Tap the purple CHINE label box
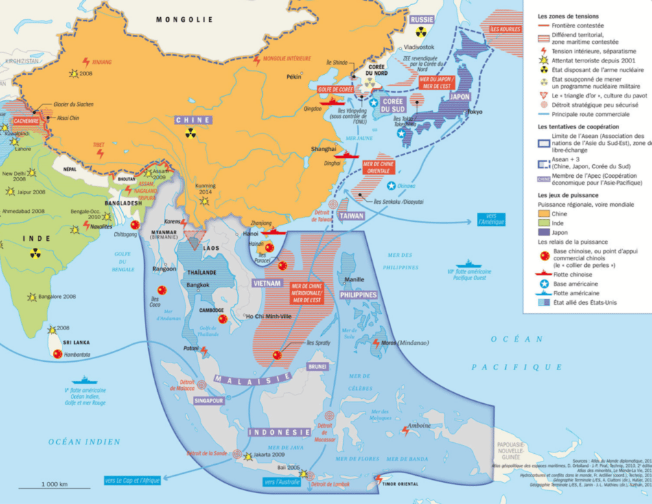pos(194,120)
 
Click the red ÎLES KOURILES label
pos(502,28)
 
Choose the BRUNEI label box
pos(318,367)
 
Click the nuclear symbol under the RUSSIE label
pos(421,32)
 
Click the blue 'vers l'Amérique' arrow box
pos(491,219)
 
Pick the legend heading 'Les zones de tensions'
pos(568,16)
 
